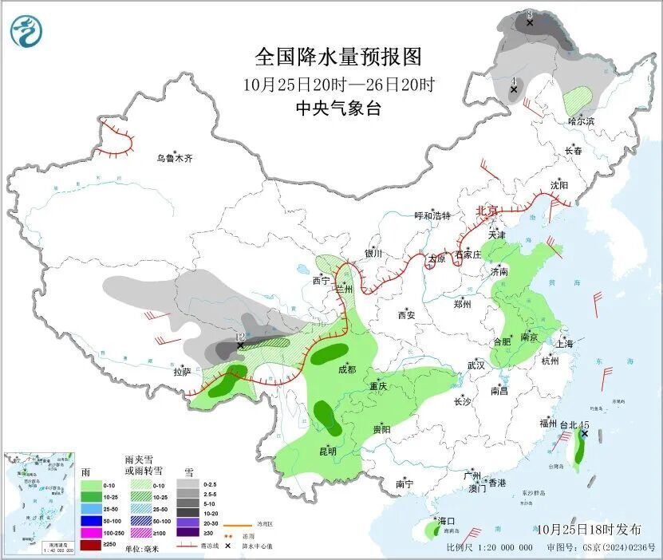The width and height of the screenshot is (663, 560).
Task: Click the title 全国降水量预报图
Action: point(337,57)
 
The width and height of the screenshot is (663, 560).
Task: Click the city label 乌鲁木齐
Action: point(174,159)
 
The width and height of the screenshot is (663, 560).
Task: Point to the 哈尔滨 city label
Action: point(581,121)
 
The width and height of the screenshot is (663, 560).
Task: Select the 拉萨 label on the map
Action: point(182,372)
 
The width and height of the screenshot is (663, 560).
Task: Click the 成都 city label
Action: point(346,369)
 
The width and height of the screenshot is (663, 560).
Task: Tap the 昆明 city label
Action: point(327,452)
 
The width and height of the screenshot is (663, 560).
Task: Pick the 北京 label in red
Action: point(486,211)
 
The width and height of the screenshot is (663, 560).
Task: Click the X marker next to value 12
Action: point(240,346)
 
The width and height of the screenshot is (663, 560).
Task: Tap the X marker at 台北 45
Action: point(584,433)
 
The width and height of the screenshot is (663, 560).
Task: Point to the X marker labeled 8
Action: point(530,24)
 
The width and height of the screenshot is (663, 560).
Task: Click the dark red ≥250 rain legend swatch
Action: point(91,544)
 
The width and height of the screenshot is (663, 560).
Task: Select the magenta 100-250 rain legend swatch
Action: point(91,532)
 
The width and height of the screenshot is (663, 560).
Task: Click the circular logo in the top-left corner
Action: point(25,31)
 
